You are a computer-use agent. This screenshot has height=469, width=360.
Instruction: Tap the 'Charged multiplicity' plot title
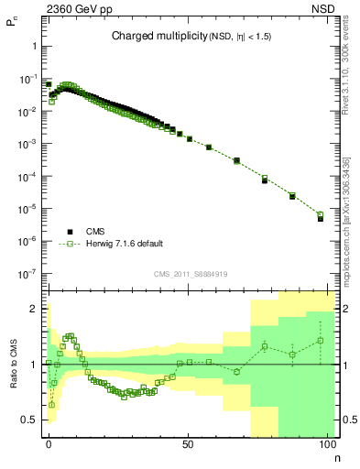tap(192, 37)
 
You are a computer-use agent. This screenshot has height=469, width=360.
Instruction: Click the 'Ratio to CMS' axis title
tap(16, 365)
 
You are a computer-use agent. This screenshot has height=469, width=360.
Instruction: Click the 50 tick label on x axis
tap(187, 445)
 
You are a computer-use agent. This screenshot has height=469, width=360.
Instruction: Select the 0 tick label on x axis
tap(49, 445)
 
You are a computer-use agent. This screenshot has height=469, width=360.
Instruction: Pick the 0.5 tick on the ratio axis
tap(29, 420)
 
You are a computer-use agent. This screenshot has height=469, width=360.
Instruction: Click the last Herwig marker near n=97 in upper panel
tap(321, 215)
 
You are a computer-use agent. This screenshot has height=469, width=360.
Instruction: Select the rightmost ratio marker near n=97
tap(321, 341)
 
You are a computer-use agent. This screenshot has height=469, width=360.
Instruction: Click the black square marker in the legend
tap(70, 233)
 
